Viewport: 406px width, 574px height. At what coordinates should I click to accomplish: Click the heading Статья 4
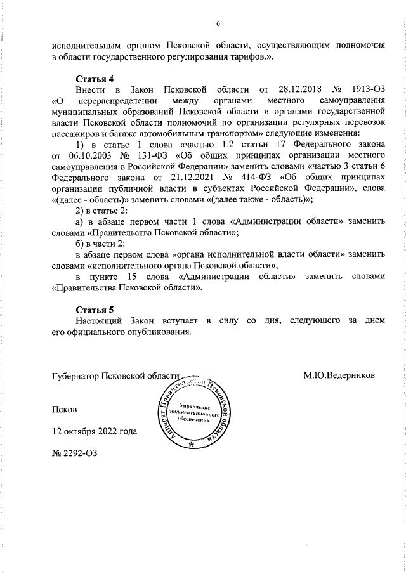coord(95,79)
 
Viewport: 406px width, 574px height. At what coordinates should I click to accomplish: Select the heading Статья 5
coord(95,310)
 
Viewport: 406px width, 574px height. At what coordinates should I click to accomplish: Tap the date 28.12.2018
coord(291,90)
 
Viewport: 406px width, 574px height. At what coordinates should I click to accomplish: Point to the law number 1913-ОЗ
coord(365,90)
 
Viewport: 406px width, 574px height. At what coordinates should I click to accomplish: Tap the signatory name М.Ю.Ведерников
coord(339,375)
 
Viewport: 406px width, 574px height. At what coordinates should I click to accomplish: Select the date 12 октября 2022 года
coord(94,432)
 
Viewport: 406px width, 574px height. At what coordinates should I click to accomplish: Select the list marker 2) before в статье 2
coord(81,209)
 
